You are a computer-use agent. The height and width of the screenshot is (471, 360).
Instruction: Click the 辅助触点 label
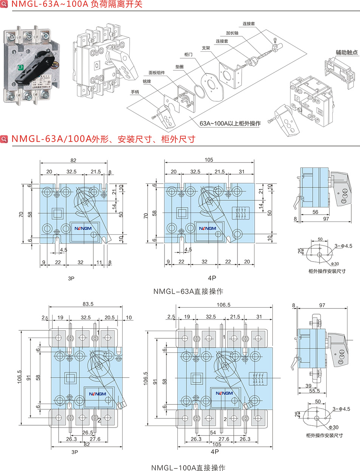coord(346,52)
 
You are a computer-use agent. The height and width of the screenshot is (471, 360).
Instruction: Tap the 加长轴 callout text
coord(232,33)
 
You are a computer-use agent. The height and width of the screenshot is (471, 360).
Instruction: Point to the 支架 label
coord(206,48)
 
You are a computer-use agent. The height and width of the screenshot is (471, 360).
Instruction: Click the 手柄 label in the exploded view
coord(135,92)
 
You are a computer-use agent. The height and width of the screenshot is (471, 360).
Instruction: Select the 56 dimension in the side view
coord(315,212)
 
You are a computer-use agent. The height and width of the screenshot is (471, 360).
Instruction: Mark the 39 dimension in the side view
coord(309,386)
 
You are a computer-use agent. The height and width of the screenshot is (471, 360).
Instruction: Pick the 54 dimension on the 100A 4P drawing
coord(213,432)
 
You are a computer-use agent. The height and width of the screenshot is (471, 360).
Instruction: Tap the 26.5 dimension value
coord(88,432)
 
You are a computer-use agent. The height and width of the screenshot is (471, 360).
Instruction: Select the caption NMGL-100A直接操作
coord(188,468)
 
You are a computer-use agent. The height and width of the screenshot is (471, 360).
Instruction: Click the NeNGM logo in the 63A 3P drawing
coord(81,229)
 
